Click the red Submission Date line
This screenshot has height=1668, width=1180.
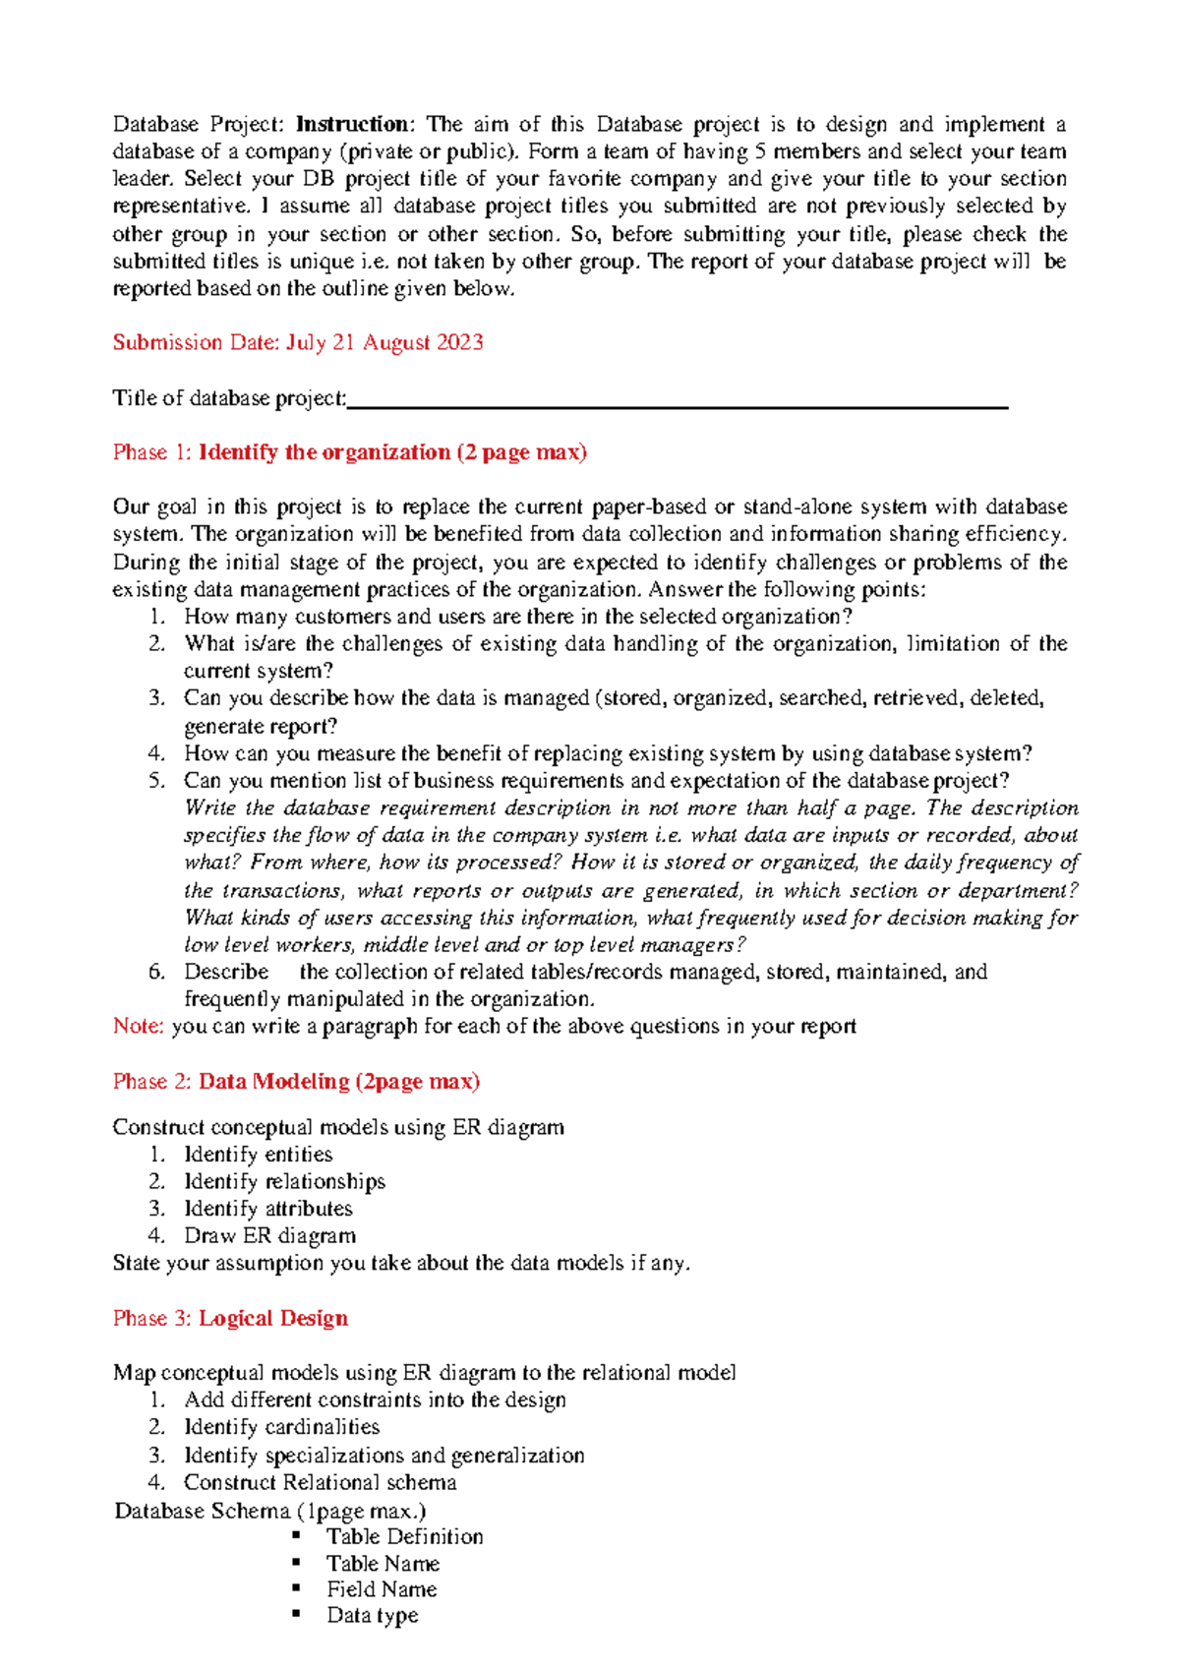coord(298,343)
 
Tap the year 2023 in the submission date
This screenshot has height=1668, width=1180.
coord(457,343)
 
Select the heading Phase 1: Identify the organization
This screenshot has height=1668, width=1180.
coord(349,452)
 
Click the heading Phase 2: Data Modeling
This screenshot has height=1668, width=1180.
coord(296,1082)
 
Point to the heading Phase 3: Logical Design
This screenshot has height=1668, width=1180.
coord(230,1319)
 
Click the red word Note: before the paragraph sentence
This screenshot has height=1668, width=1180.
coord(138,1027)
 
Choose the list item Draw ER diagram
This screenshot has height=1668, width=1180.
coord(269,1236)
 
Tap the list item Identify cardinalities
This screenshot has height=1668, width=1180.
coord(281,1427)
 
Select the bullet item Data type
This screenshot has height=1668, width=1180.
coord(372,1615)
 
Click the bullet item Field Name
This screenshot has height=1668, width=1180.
coord(382,1589)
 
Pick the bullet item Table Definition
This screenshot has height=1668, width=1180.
coord(404,1537)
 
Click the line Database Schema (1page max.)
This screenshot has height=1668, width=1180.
coord(270,1511)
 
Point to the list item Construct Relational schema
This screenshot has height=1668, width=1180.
coord(320,1483)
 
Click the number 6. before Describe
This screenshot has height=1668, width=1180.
coord(157,973)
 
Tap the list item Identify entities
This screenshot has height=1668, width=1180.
coord(258,1155)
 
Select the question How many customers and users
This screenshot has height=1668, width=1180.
coord(517,617)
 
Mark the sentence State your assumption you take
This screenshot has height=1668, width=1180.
coord(401,1263)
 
